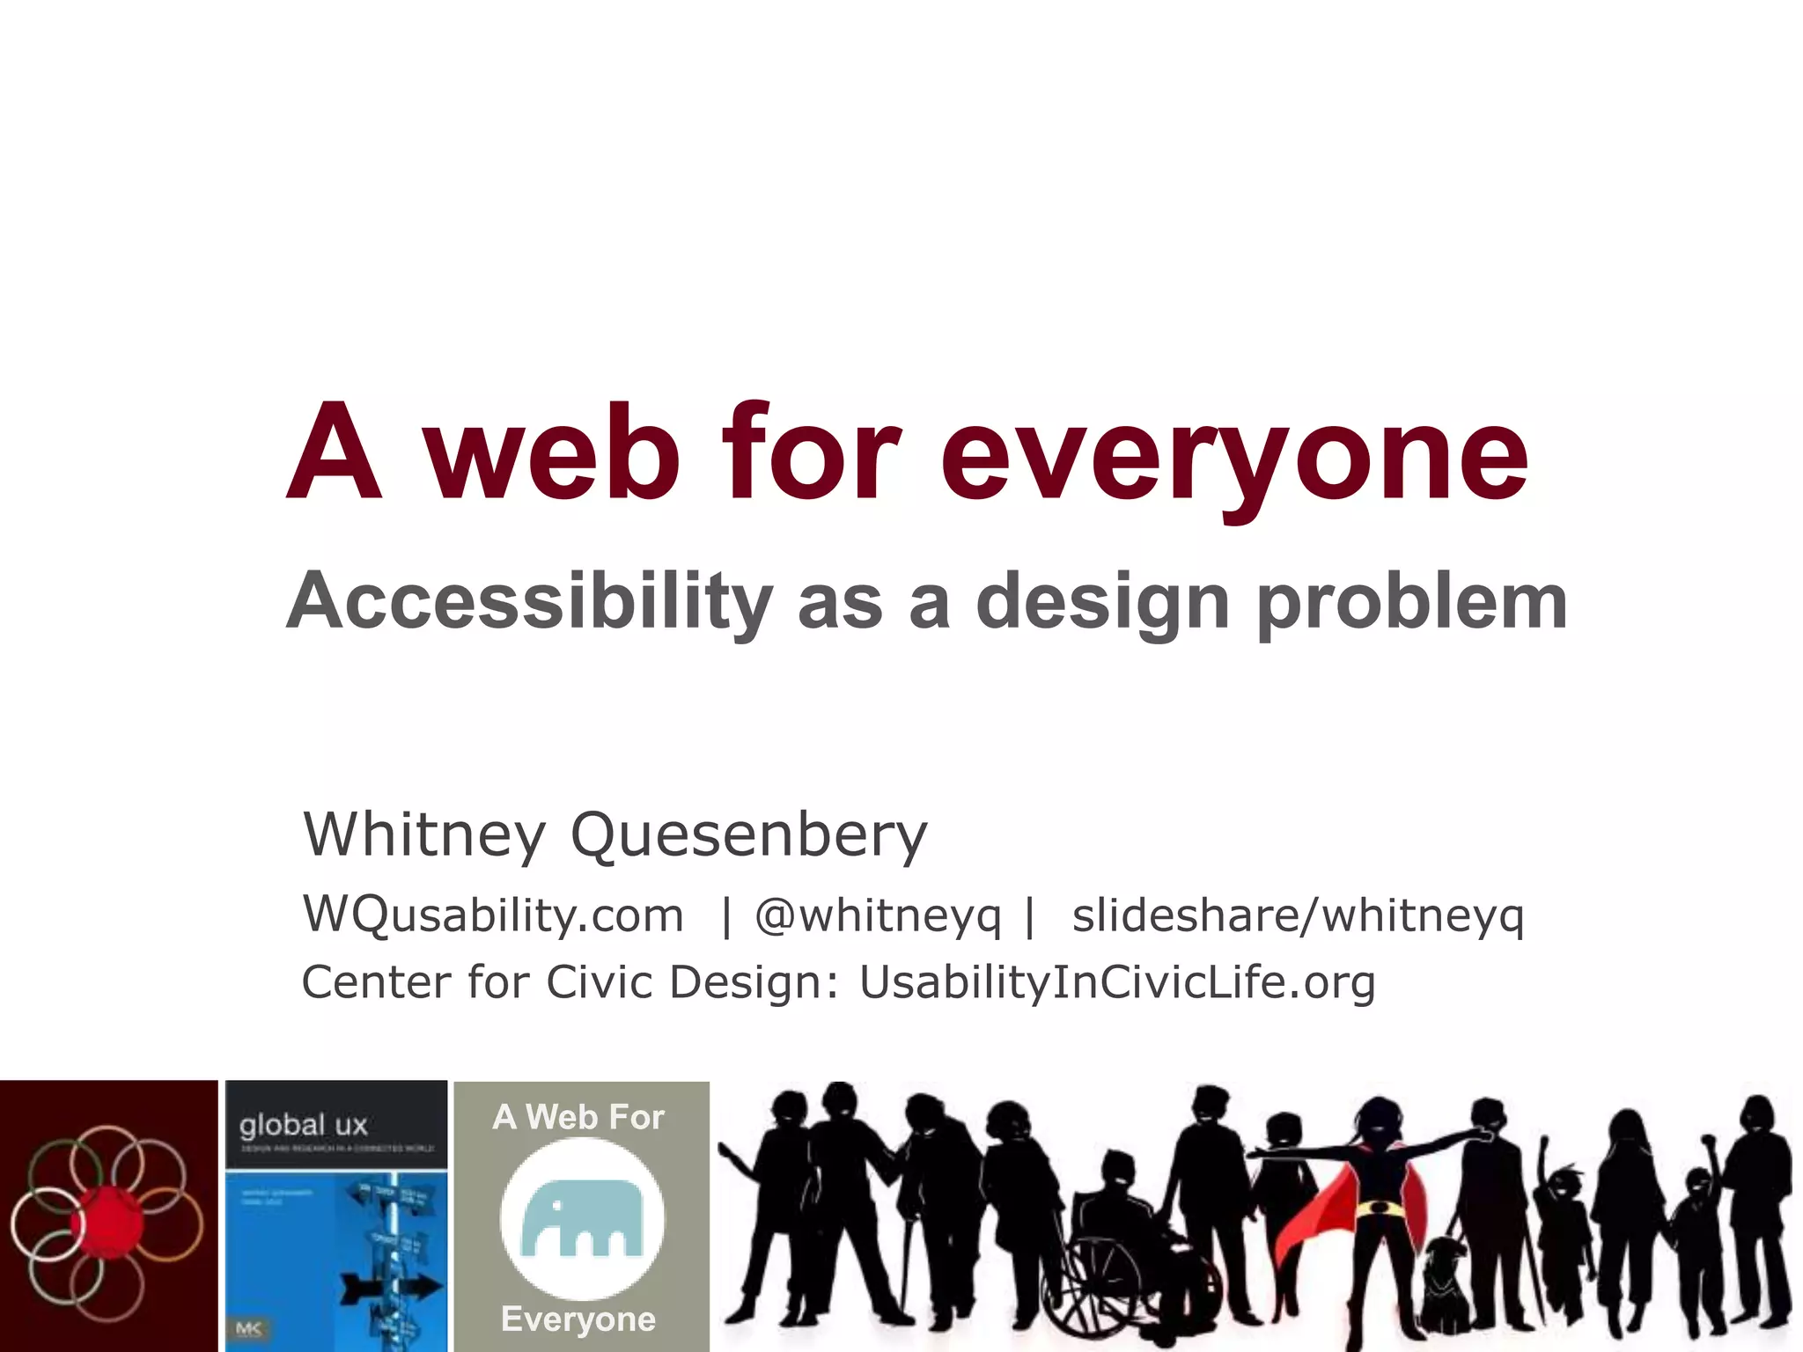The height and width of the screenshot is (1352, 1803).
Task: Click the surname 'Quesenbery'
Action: pyautogui.click(x=748, y=834)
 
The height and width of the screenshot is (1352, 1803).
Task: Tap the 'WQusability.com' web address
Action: pyautogui.click(x=493, y=915)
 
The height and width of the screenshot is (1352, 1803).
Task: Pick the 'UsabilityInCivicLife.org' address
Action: pyautogui.click(x=1116, y=982)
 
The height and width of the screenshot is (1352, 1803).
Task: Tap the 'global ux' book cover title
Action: pyautogui.click(x=303, y=1125)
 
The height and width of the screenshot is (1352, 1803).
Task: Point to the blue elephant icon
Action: pyautogui.click(x=581, y=1219)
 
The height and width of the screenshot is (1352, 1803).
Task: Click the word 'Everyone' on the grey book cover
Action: pyautogui.click(x=578, y=1319)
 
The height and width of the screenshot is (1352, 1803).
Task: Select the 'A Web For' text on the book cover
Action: pyautogui.click(x=578, y=1117)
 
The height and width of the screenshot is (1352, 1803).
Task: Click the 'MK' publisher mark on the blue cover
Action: pyautogui.click(x=249, y=1329)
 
